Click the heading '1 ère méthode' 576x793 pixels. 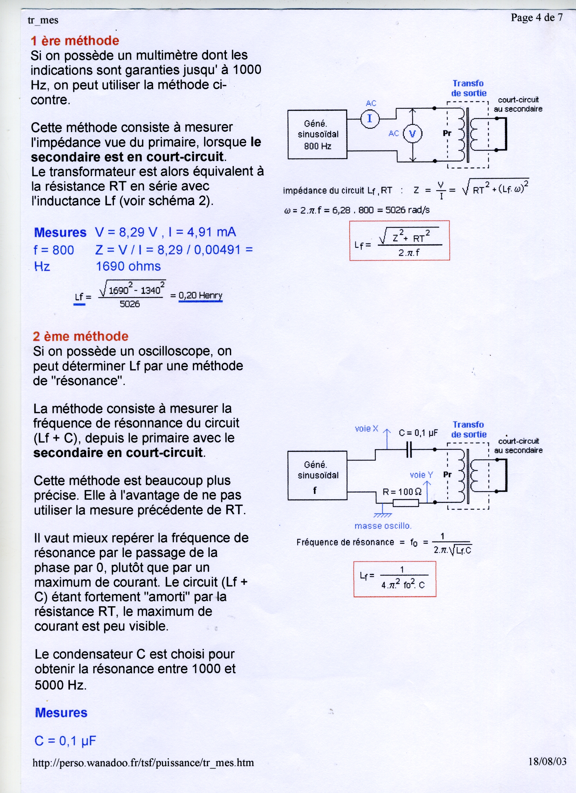(75, 41)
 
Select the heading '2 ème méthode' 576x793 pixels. (81, 336)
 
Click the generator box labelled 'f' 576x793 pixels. (317, 475)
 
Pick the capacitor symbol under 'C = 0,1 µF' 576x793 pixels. (409, 450)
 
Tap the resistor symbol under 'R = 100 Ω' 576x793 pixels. (406, 503)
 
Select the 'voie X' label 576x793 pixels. (366, 429)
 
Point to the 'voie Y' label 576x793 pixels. (421, 475)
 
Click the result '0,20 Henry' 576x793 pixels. (200, 295)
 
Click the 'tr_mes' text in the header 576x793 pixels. (43, 20)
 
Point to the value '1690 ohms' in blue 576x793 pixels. (128, 266)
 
